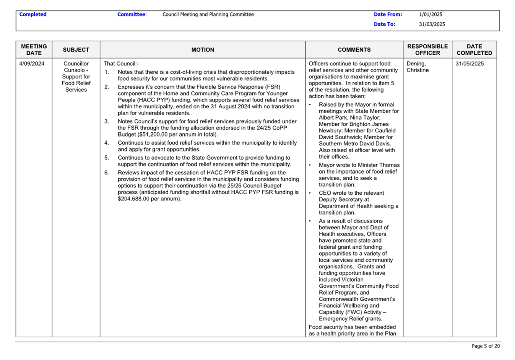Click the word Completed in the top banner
33,15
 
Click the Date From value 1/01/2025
431,15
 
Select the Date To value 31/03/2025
432,24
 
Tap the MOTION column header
203,50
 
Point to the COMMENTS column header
354,50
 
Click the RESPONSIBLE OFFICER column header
427,50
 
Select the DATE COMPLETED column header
474,50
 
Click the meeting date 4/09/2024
32,64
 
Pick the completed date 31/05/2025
470,64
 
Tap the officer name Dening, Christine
418,67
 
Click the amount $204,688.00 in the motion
133,199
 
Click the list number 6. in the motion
107,173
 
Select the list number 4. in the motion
107,143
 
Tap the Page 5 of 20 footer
486,346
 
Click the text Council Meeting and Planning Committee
208,15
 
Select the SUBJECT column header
76,50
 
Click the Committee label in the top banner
132,15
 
